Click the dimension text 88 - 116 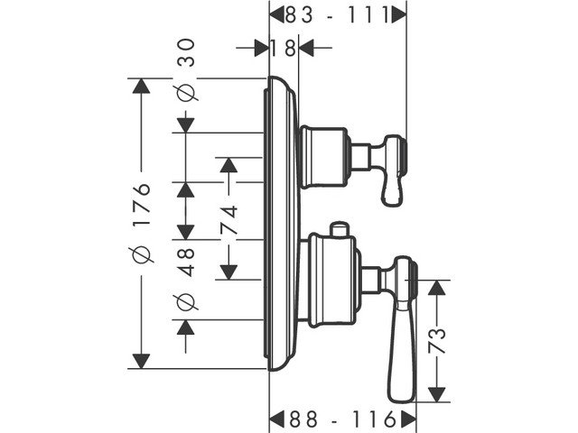point(343,419)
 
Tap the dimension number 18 point(284,47)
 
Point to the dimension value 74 point(229,218)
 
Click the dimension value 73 point(437,340)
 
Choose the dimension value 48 point(187,262)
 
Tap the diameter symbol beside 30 point(187,92)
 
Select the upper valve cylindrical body point(322,156)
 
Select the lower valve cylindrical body point(330,280)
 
